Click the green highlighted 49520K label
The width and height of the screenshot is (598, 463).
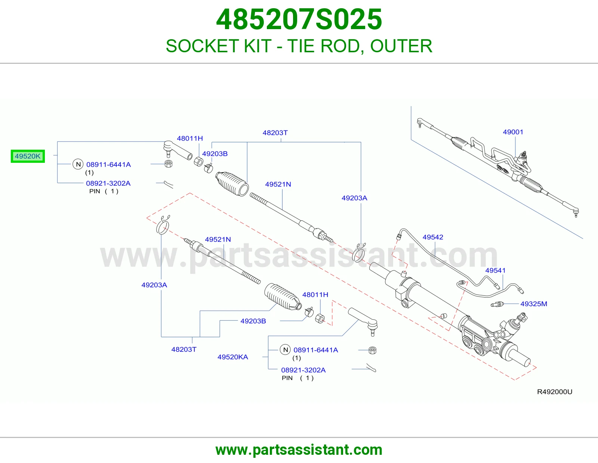pyautogui.click(x=28, y=156)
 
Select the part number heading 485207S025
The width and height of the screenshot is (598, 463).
pyautogui.click(x=299, y=19)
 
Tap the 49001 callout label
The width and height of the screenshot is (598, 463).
pyautogui.click(x=513, y=132)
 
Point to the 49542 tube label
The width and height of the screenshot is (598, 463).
pyautogui.click(x=433, y=237)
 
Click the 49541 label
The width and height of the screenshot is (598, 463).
pyautogui.click(x=495, y=270)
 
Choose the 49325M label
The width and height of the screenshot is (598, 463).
pyautogui.click(x=534, y=304)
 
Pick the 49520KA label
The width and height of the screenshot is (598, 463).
pyautogui.click(x=233, y=357)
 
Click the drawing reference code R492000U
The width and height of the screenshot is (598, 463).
pyautogui.click(x=555, y=392)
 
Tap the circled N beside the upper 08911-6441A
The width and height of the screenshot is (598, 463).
pyautogui.click(x=78, y=164)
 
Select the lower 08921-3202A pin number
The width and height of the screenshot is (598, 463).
pyautogui.click(x=303, y=370)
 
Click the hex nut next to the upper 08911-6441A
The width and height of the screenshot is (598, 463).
pyautogui.click(x=169, y=164)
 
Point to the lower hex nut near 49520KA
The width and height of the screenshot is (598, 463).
pyautogui.click(x=372, y=350)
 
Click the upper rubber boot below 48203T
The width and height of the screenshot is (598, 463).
pyautogui.click(x=232, y=184)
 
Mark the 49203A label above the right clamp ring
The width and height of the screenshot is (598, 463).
pyautogui.click(x=354, y=198)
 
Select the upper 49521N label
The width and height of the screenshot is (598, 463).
pyautogui.click(x=278, y=184)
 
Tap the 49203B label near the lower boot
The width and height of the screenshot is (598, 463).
pyautogui.click(x=253, y=321)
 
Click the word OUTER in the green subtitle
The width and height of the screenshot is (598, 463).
pyautogui.click(x=401, y=46)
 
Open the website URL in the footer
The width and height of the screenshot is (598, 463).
pyautogui.click(x=299, y=450)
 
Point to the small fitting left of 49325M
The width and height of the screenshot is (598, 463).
pyautogui.click(x=497, y=304)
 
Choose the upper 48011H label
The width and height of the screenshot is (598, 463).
pyautogui.click(x=190, y=138)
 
